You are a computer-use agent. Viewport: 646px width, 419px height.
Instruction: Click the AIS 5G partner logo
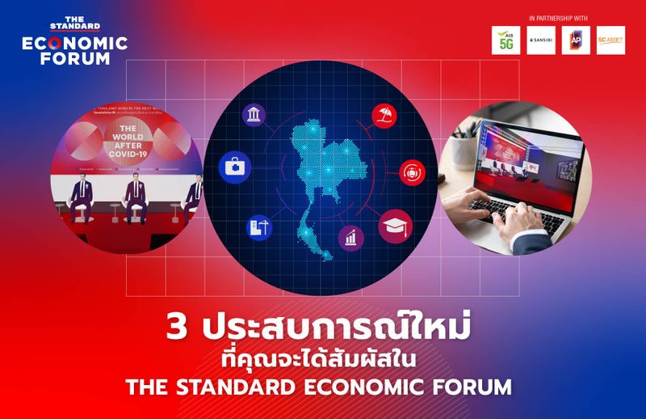[x=505, y=40]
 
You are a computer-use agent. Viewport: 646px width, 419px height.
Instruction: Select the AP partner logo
[x=576, y=40]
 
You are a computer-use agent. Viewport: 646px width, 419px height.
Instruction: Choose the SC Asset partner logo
[x=610, y=40]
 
